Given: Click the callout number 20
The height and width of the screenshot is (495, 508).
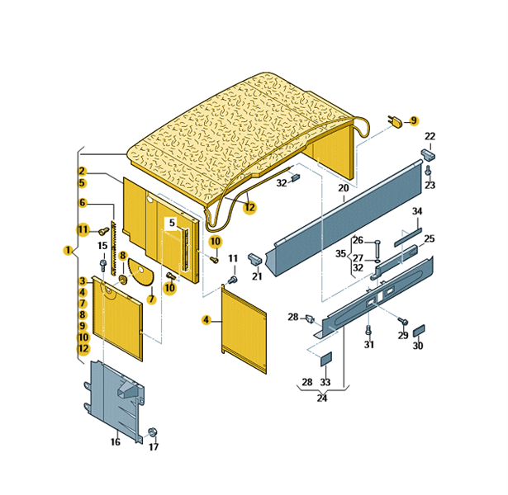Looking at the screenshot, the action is (x=343, y=188).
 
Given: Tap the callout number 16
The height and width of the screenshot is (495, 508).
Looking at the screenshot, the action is (x=116, y=441).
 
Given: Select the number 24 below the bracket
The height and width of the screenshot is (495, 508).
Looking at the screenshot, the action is (x=321, y=398).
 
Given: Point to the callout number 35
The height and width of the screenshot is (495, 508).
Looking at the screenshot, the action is (x=340, y=253).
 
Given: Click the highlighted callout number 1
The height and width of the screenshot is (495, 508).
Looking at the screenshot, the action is (x=68, y=250).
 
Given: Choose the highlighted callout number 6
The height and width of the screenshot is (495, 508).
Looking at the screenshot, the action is (x=83, y=203).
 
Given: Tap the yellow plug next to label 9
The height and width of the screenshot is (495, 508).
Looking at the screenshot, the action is (x=396, y=121).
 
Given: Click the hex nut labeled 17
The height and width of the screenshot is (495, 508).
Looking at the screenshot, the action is (x=153, y=432).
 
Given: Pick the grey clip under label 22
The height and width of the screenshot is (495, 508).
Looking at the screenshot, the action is (x=428, y=154).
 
